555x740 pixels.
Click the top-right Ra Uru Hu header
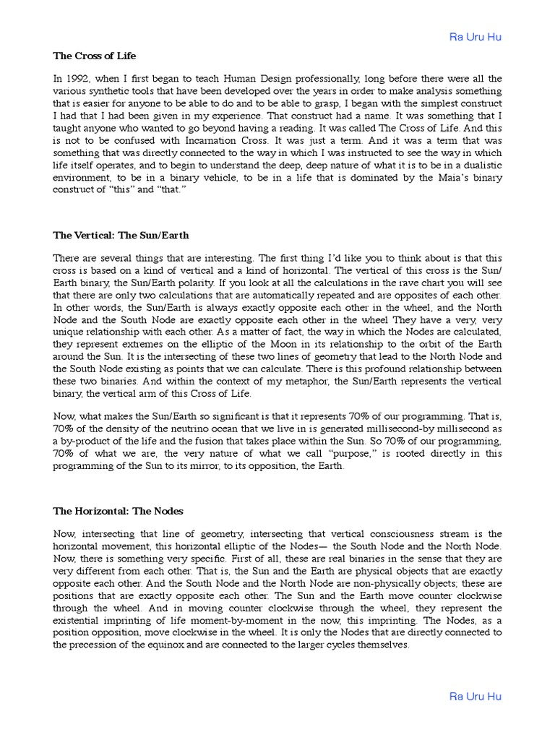(x=475, y=37)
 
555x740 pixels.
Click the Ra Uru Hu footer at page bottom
(x=475, y=697)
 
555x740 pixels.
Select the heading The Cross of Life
(x=94, y=56)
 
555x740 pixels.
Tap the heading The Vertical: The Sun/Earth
(x=121, y=236)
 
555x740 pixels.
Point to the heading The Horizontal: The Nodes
(x=118, y=511)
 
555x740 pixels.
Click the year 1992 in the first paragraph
(x=77, y=79)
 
